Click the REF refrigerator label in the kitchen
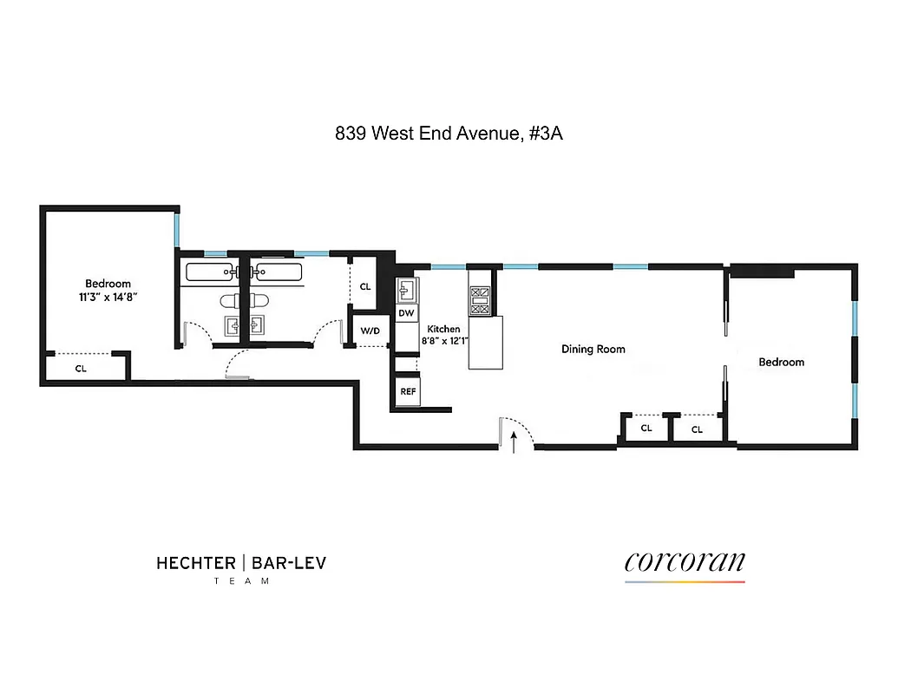click(x=407, y=391)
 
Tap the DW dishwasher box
click(x=405, y=312)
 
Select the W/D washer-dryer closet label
click(x=370, y=331)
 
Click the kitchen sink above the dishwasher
click(x=406, y=288)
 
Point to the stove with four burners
click(x=480, y=300)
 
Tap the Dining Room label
click(x=593, y=350)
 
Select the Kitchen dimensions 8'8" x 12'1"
click(x=444, y=341)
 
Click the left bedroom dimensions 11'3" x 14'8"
click(x=108, y=297)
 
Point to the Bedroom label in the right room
click(x=781, y=362)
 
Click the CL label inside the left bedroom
click(x=81, y=368)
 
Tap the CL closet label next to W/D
click(x=364, y=286)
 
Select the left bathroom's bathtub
click(x=209, y=272)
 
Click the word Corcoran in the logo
click(x=684, y=562)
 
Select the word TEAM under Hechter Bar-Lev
click(x=241, y=581)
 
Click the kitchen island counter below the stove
click(x=485, y=343)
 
